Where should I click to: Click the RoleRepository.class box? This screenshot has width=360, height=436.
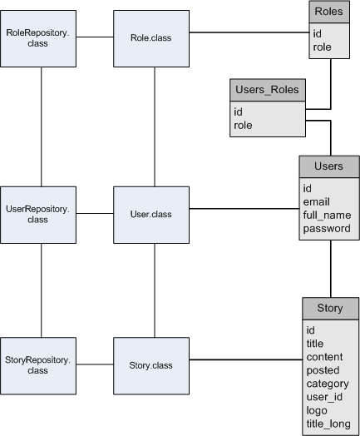pos(39,38)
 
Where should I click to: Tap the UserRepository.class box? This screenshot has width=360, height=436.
pos(39,214)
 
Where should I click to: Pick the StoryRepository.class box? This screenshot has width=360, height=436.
pos(39,365)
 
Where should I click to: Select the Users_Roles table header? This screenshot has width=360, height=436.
pos(267,90)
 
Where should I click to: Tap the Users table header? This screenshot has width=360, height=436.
pos(328,166)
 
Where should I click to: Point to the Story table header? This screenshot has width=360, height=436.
pos(329,308)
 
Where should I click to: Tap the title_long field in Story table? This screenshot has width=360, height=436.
pos(327,424)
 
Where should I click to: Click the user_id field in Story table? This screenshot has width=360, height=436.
pos(323,398)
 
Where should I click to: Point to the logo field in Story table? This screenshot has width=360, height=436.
pos(317,411)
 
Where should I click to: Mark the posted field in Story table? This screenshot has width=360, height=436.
pos(323,370)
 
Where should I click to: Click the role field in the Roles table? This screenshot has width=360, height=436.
pos(322,47)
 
